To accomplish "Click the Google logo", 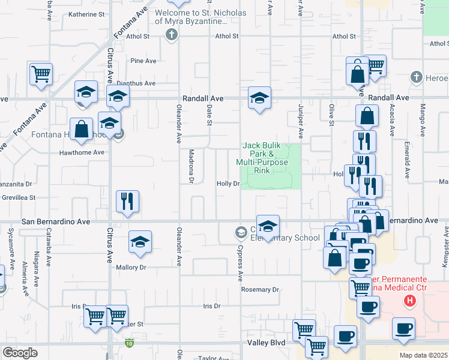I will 20,353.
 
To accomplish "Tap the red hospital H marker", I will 410,300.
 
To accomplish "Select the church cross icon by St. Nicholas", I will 172,34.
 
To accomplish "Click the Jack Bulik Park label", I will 262,158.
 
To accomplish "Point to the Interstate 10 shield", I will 129,343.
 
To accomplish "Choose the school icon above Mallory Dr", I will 140,242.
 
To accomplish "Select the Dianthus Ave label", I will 136,83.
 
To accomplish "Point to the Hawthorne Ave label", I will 82,152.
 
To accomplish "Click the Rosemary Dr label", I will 260,289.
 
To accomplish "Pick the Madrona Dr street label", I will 191,166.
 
